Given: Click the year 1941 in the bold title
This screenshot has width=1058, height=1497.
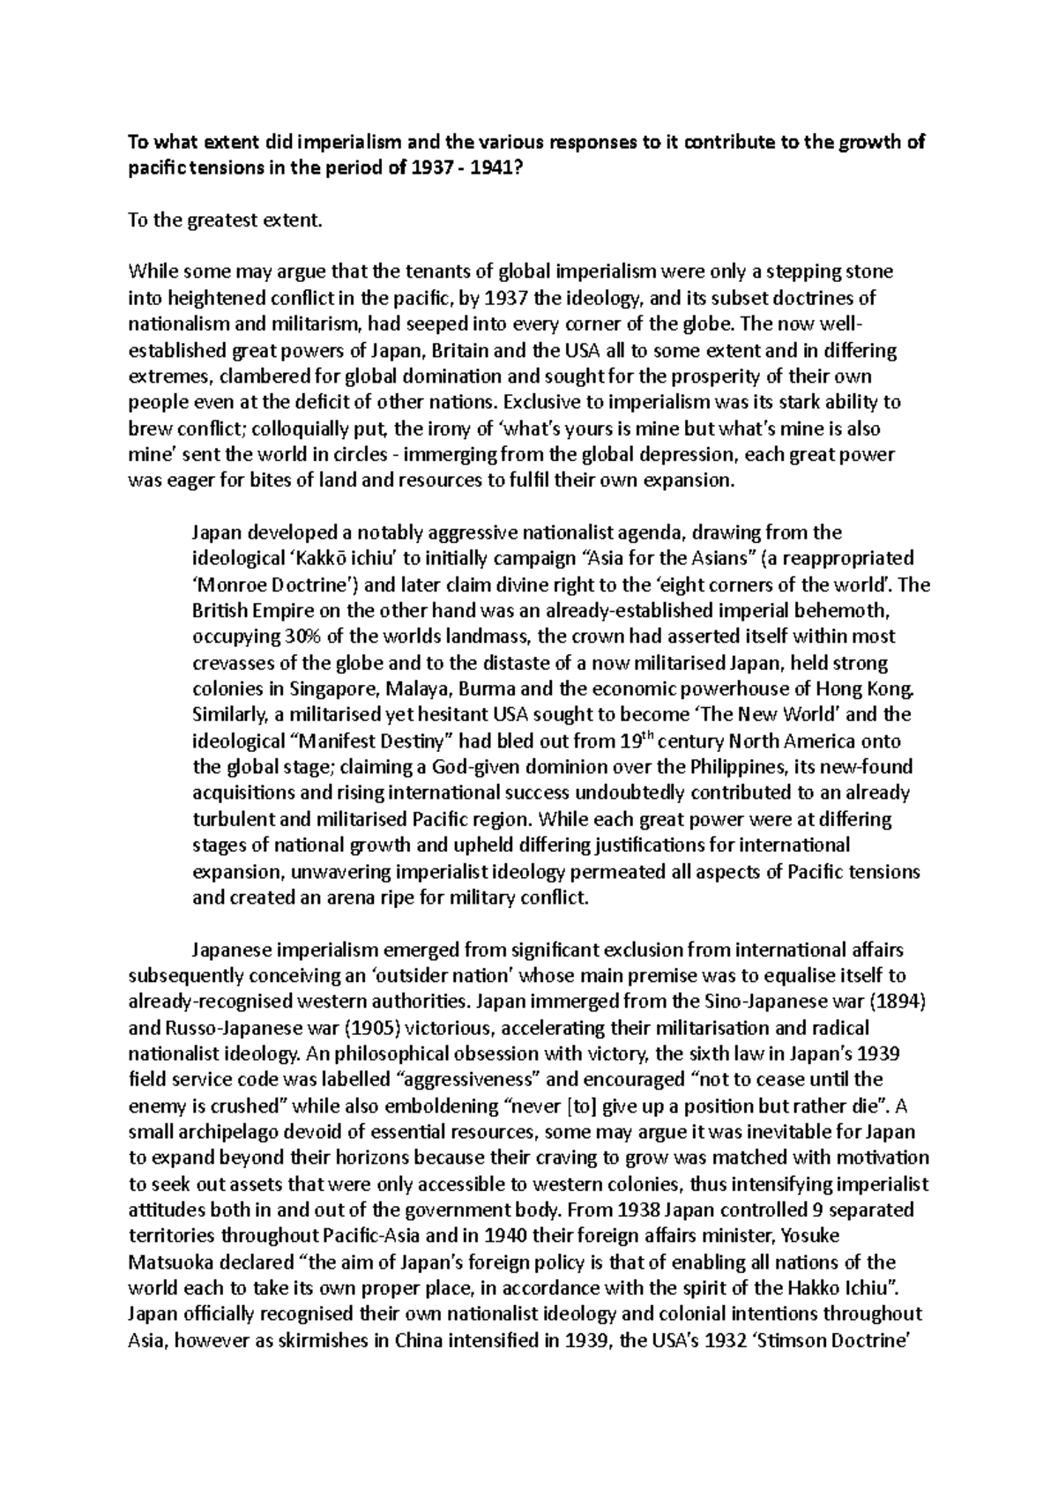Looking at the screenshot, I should [491, 168].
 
